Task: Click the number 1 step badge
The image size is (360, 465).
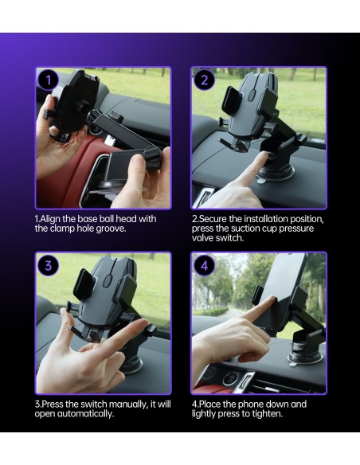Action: [49, 80]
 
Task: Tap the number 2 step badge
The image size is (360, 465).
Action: [205, 80]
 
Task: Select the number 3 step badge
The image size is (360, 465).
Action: [49, 265]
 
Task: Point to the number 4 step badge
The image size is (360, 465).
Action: [205, 265]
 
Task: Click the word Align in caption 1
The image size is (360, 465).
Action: [50, 219]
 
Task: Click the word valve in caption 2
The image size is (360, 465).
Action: [202, 238]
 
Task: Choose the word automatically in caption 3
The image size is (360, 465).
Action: [85, 414]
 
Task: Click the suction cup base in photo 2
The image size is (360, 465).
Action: [276, 174]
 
